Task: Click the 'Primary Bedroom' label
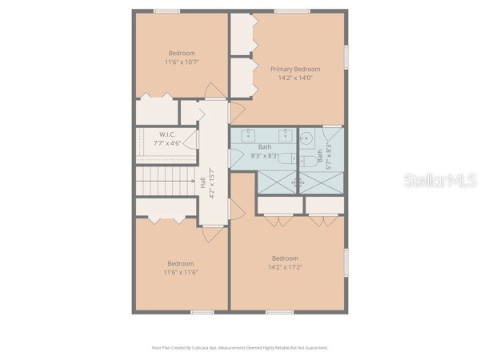click(x=294, y=69)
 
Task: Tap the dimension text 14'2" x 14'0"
click(x=294, y=78)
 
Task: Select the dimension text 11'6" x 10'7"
click(x=182, y=62)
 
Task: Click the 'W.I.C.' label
click(x=166, y=134)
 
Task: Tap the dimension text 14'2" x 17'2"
click(x=285, y=267)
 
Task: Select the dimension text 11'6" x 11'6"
click(x=181, y=272)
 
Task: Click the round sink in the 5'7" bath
click(x=306, y=138)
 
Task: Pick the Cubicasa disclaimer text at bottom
click(x=240, y=348)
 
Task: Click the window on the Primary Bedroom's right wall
click(x=346, y=56)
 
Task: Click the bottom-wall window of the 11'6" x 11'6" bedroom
click(x=202, y=312)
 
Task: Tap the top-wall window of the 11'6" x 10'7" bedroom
click(x=166, y=10)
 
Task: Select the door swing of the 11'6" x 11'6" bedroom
click(x=210, y=232)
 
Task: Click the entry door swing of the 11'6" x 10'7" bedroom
click(x=213, y=90)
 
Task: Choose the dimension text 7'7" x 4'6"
click(x=166, y=144)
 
